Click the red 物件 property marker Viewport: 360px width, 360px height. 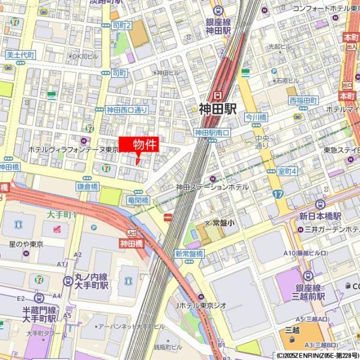tap(139, 145)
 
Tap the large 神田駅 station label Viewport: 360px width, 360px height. tap(218, 109)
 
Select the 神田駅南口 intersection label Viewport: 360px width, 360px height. tap(212, 133)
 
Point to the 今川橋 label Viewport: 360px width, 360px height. tap(256, 118)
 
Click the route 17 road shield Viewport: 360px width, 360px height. tap(277, 194)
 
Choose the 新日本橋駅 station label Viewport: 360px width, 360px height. tap(320, 216)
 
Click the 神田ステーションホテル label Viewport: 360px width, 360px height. tap(212, 187)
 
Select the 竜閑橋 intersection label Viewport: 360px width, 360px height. tap(138, 200)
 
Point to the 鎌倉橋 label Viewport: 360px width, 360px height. tap(87, 187)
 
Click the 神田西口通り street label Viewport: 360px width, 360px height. tap(127, 110)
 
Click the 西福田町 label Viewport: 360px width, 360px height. tap(303, 100)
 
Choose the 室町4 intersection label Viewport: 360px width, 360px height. tap(287, 172)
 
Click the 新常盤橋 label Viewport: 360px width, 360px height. tap(189, 253)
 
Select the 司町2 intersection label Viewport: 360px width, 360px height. tap(121, 25)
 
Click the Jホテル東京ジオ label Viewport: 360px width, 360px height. tap(201, 305)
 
